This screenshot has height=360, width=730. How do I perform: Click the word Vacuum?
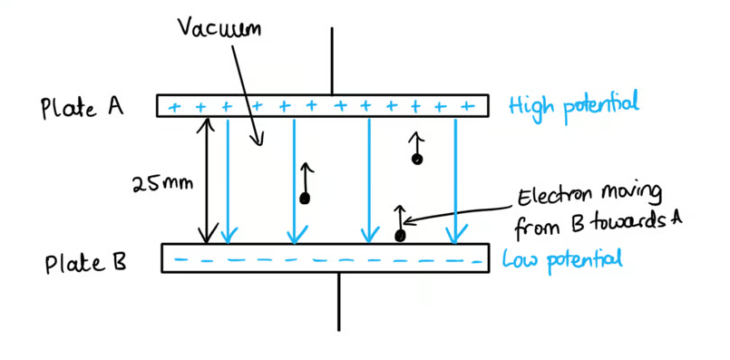coord(219,28)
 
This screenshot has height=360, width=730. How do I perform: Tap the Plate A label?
coord(83,108)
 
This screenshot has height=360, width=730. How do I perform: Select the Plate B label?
coord(85,264)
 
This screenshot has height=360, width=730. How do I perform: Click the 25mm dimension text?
coord(162,184)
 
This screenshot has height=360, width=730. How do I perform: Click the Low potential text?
coord(562,260)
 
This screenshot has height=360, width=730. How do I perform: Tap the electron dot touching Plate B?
coord(399,236)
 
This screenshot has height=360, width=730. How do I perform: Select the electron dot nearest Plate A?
coord(417,160)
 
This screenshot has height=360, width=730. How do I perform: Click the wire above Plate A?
coord(332,61)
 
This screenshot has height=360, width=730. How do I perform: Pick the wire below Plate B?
coord(339,302)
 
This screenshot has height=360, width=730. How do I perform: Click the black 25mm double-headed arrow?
coord(206,180)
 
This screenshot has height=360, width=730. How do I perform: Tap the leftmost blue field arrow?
coord(228,180)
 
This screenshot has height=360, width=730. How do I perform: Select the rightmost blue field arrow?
coord(455,180)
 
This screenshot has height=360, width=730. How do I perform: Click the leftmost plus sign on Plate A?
coord(174,108)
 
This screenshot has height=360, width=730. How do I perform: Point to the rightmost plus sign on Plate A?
coord(464,107)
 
